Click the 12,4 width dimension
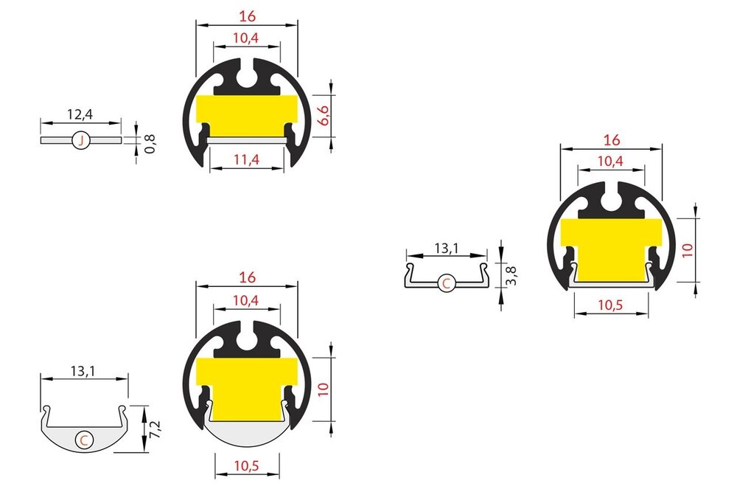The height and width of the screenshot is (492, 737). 80,115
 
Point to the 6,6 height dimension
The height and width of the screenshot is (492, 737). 322,116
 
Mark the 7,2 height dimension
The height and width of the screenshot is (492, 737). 152,428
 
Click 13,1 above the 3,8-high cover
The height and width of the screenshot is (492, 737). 446,249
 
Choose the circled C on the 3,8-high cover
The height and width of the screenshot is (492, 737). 446,283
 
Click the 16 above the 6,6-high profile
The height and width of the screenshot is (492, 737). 247,13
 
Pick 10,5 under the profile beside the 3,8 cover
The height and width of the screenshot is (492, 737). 612,304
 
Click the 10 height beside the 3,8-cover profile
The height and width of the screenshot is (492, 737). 687,249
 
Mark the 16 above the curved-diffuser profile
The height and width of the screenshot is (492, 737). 247,277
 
